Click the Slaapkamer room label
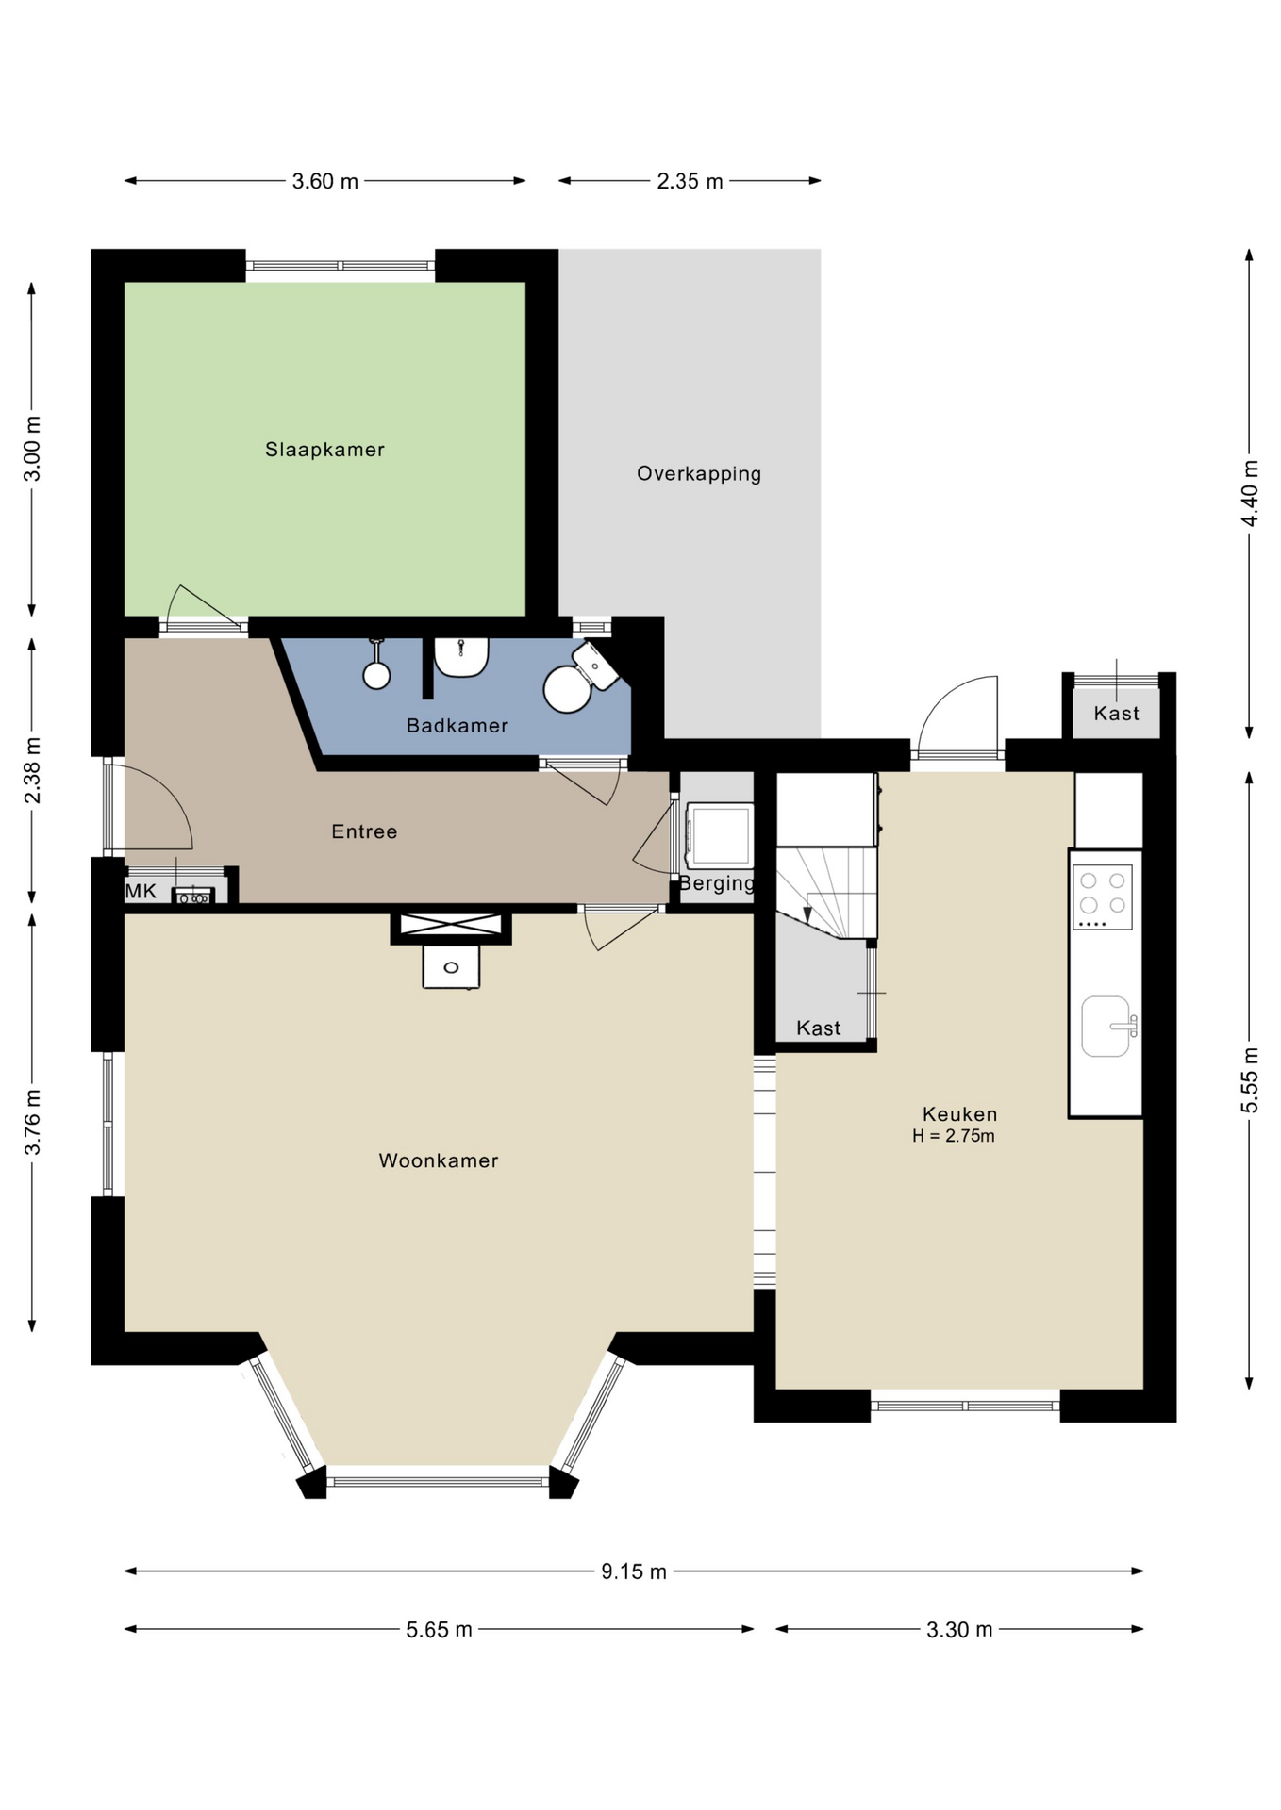324,450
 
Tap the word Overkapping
699,474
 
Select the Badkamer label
457,726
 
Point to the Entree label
364,831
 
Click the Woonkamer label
439,1160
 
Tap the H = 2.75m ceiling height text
954,1136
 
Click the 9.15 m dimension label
634,1571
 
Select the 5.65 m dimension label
439,1630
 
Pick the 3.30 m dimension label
959,1630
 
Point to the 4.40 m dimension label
1250,493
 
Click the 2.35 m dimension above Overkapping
690,181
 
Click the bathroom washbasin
461,656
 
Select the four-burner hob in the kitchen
1102,897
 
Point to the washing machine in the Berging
719,835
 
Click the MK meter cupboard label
141,891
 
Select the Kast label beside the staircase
818,1028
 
